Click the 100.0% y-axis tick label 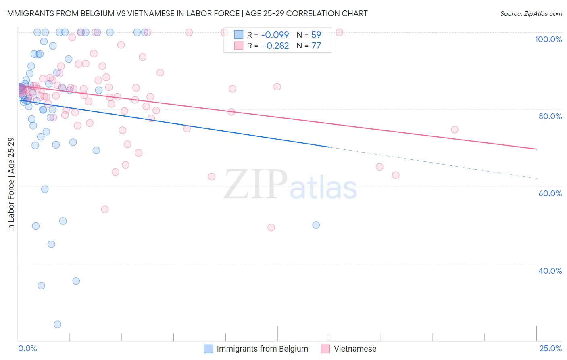(x=548, y=39)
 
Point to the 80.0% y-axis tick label (x=550, y=116)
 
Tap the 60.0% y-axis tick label (x=550, y=193)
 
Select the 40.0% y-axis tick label (x=550, y=271)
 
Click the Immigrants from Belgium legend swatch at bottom (x=208, y=349)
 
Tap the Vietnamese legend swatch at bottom (x=325, y=349)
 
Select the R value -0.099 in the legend (x=275, y=35)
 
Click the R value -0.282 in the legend (x=275, y=46)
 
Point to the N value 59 (x=316, y=35)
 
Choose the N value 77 (x=316, y=46)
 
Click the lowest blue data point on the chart (x=57, y=324)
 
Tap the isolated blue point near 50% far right (x=316, y=225)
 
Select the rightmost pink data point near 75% (x=454, y=130)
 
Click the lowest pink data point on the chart (x=271, y=228)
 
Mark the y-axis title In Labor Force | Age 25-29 (x=11, y=184)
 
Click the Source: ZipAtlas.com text (x=531, y=14)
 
